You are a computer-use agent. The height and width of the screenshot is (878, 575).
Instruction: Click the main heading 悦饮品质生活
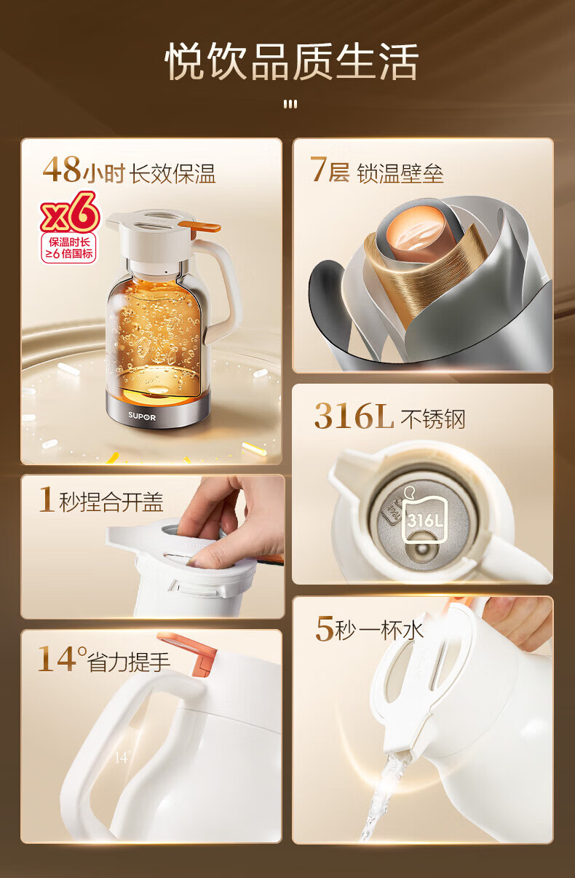pyautogui.click(x=291, y=62)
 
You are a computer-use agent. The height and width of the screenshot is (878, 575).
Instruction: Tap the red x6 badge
pyautogui.click(x=70, y=213)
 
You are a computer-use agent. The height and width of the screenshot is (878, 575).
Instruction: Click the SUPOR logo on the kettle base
pyautogui.click(x=142, y=417)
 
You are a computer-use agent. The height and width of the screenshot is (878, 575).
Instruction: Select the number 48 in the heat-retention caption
pyautogui.click(x=62, y=170)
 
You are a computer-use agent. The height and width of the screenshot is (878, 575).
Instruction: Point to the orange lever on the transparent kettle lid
pyautogui.click(x=199, y=226)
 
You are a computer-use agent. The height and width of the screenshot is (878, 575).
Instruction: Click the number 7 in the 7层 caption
pyautogui.click(x=319, y=170)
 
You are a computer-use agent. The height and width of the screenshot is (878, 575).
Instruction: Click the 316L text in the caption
pyautogui.click(x=354, y=416)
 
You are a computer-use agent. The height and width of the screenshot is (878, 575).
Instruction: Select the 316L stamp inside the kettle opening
pyautogui.click(x=424, y=521)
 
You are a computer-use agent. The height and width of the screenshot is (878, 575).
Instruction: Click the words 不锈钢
pyautogui.click(x=433, y=420)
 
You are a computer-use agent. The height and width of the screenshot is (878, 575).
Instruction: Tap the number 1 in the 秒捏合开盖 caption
pyautogui.click(x=47, y=499)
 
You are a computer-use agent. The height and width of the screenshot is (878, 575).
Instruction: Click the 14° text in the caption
pyautogui.click(x=62, y=660)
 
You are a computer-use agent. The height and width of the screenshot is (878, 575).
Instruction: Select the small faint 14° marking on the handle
pyautogui.click(x=122, y=758)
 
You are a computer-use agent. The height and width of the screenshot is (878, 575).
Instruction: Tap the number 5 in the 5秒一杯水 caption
pyautogui.click(x=325, y=629)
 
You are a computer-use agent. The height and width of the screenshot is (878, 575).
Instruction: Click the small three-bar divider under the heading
pyautogui.click(x=290, y=104)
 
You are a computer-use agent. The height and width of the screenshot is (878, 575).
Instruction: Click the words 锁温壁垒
pyautogui.click(x=400, y=174)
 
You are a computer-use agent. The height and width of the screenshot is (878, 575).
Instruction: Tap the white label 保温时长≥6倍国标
pyautogui.click(x=69, y=248)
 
